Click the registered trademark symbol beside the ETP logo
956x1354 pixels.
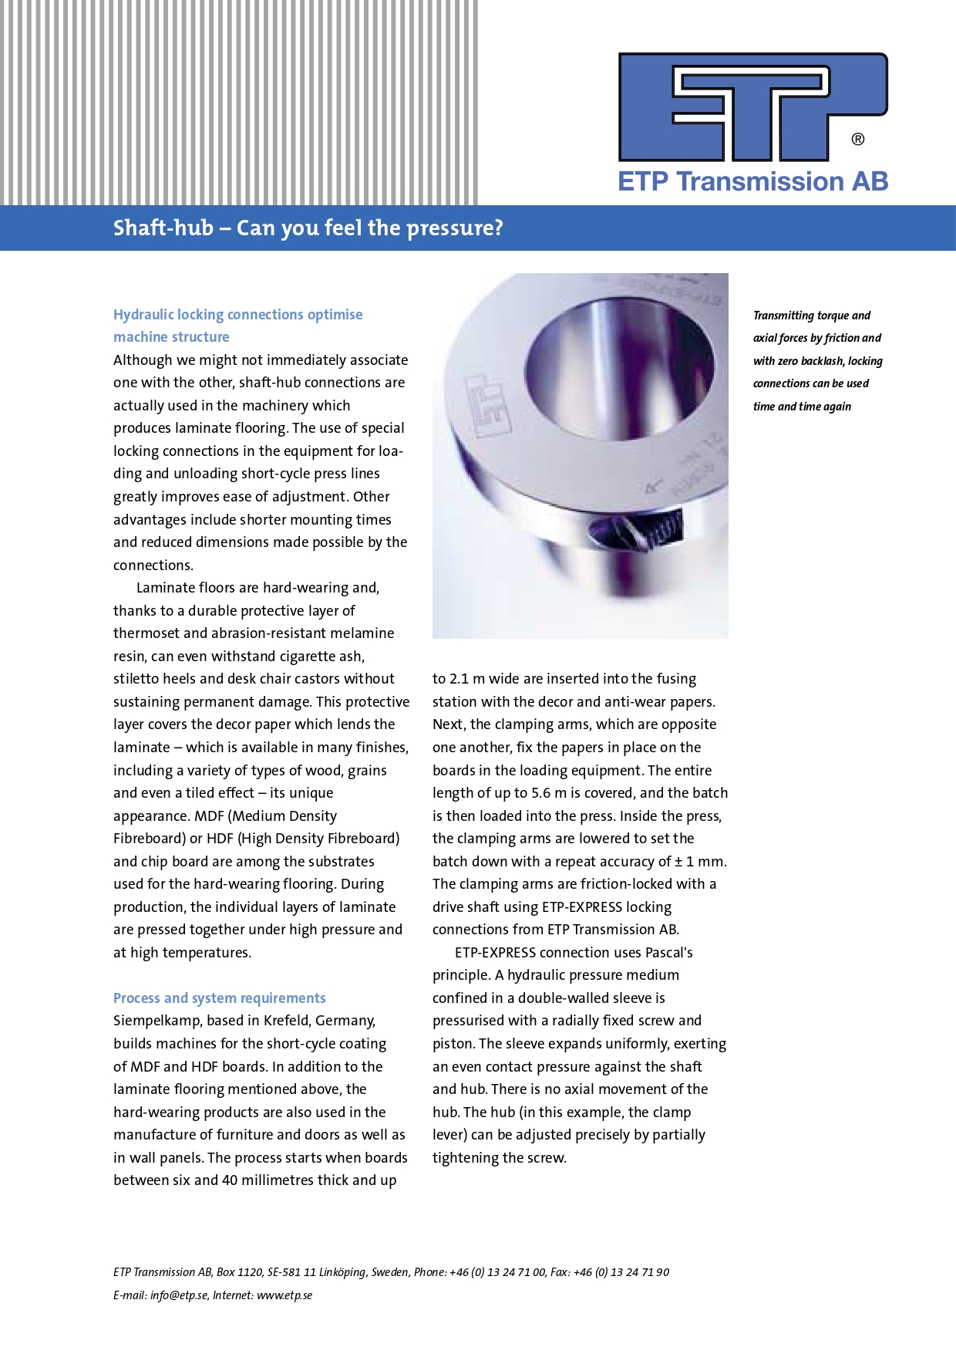pyautogui.click(x=857, y=140)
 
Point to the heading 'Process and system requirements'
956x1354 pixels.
pyautogui.click(x=220, y=998)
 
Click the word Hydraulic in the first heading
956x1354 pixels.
pyautogui.click(x=143, y=315)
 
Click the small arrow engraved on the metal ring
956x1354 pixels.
pyautogui.click(x=654, y=486)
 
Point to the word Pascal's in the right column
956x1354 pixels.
pyautogui.click(x=669, y=953)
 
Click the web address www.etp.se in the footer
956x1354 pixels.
pyautogui.click(x=284, y=1295)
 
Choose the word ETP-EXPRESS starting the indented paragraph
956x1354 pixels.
pyautogui.click(x=495, y=953)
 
